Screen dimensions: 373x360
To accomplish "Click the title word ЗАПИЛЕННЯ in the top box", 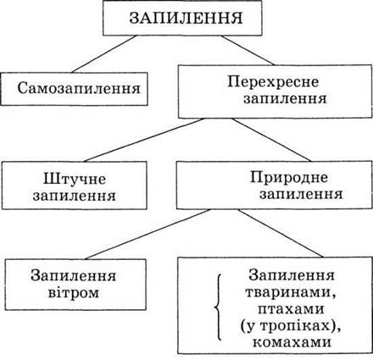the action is point(186,19).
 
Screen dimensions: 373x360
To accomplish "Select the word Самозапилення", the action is point(79,88).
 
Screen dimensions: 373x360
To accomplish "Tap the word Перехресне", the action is point(273,82).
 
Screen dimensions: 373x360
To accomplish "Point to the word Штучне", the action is point(75,179).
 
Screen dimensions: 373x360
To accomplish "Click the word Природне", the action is point(289,178).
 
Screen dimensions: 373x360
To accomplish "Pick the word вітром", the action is point(74,293).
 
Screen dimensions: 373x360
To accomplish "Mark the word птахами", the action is point(291,309).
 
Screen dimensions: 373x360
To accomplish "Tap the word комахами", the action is point(292,342).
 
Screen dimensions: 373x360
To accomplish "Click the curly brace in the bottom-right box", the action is point(218,307).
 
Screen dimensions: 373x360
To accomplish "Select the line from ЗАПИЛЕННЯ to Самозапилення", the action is point(104,54).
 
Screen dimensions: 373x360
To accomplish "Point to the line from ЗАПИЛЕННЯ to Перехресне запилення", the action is point(248,50).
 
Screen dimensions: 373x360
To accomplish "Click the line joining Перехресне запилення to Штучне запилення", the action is point(144,140).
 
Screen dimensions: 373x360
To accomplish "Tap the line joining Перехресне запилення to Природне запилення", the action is point(271,140).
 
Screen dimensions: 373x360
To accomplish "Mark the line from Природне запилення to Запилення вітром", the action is point(148,234).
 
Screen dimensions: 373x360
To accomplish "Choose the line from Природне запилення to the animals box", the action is point(280,233).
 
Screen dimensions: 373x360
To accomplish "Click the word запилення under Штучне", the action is point(75,197).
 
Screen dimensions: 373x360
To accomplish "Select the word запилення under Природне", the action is point(301,194).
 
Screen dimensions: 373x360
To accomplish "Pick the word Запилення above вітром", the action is point(74,275).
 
